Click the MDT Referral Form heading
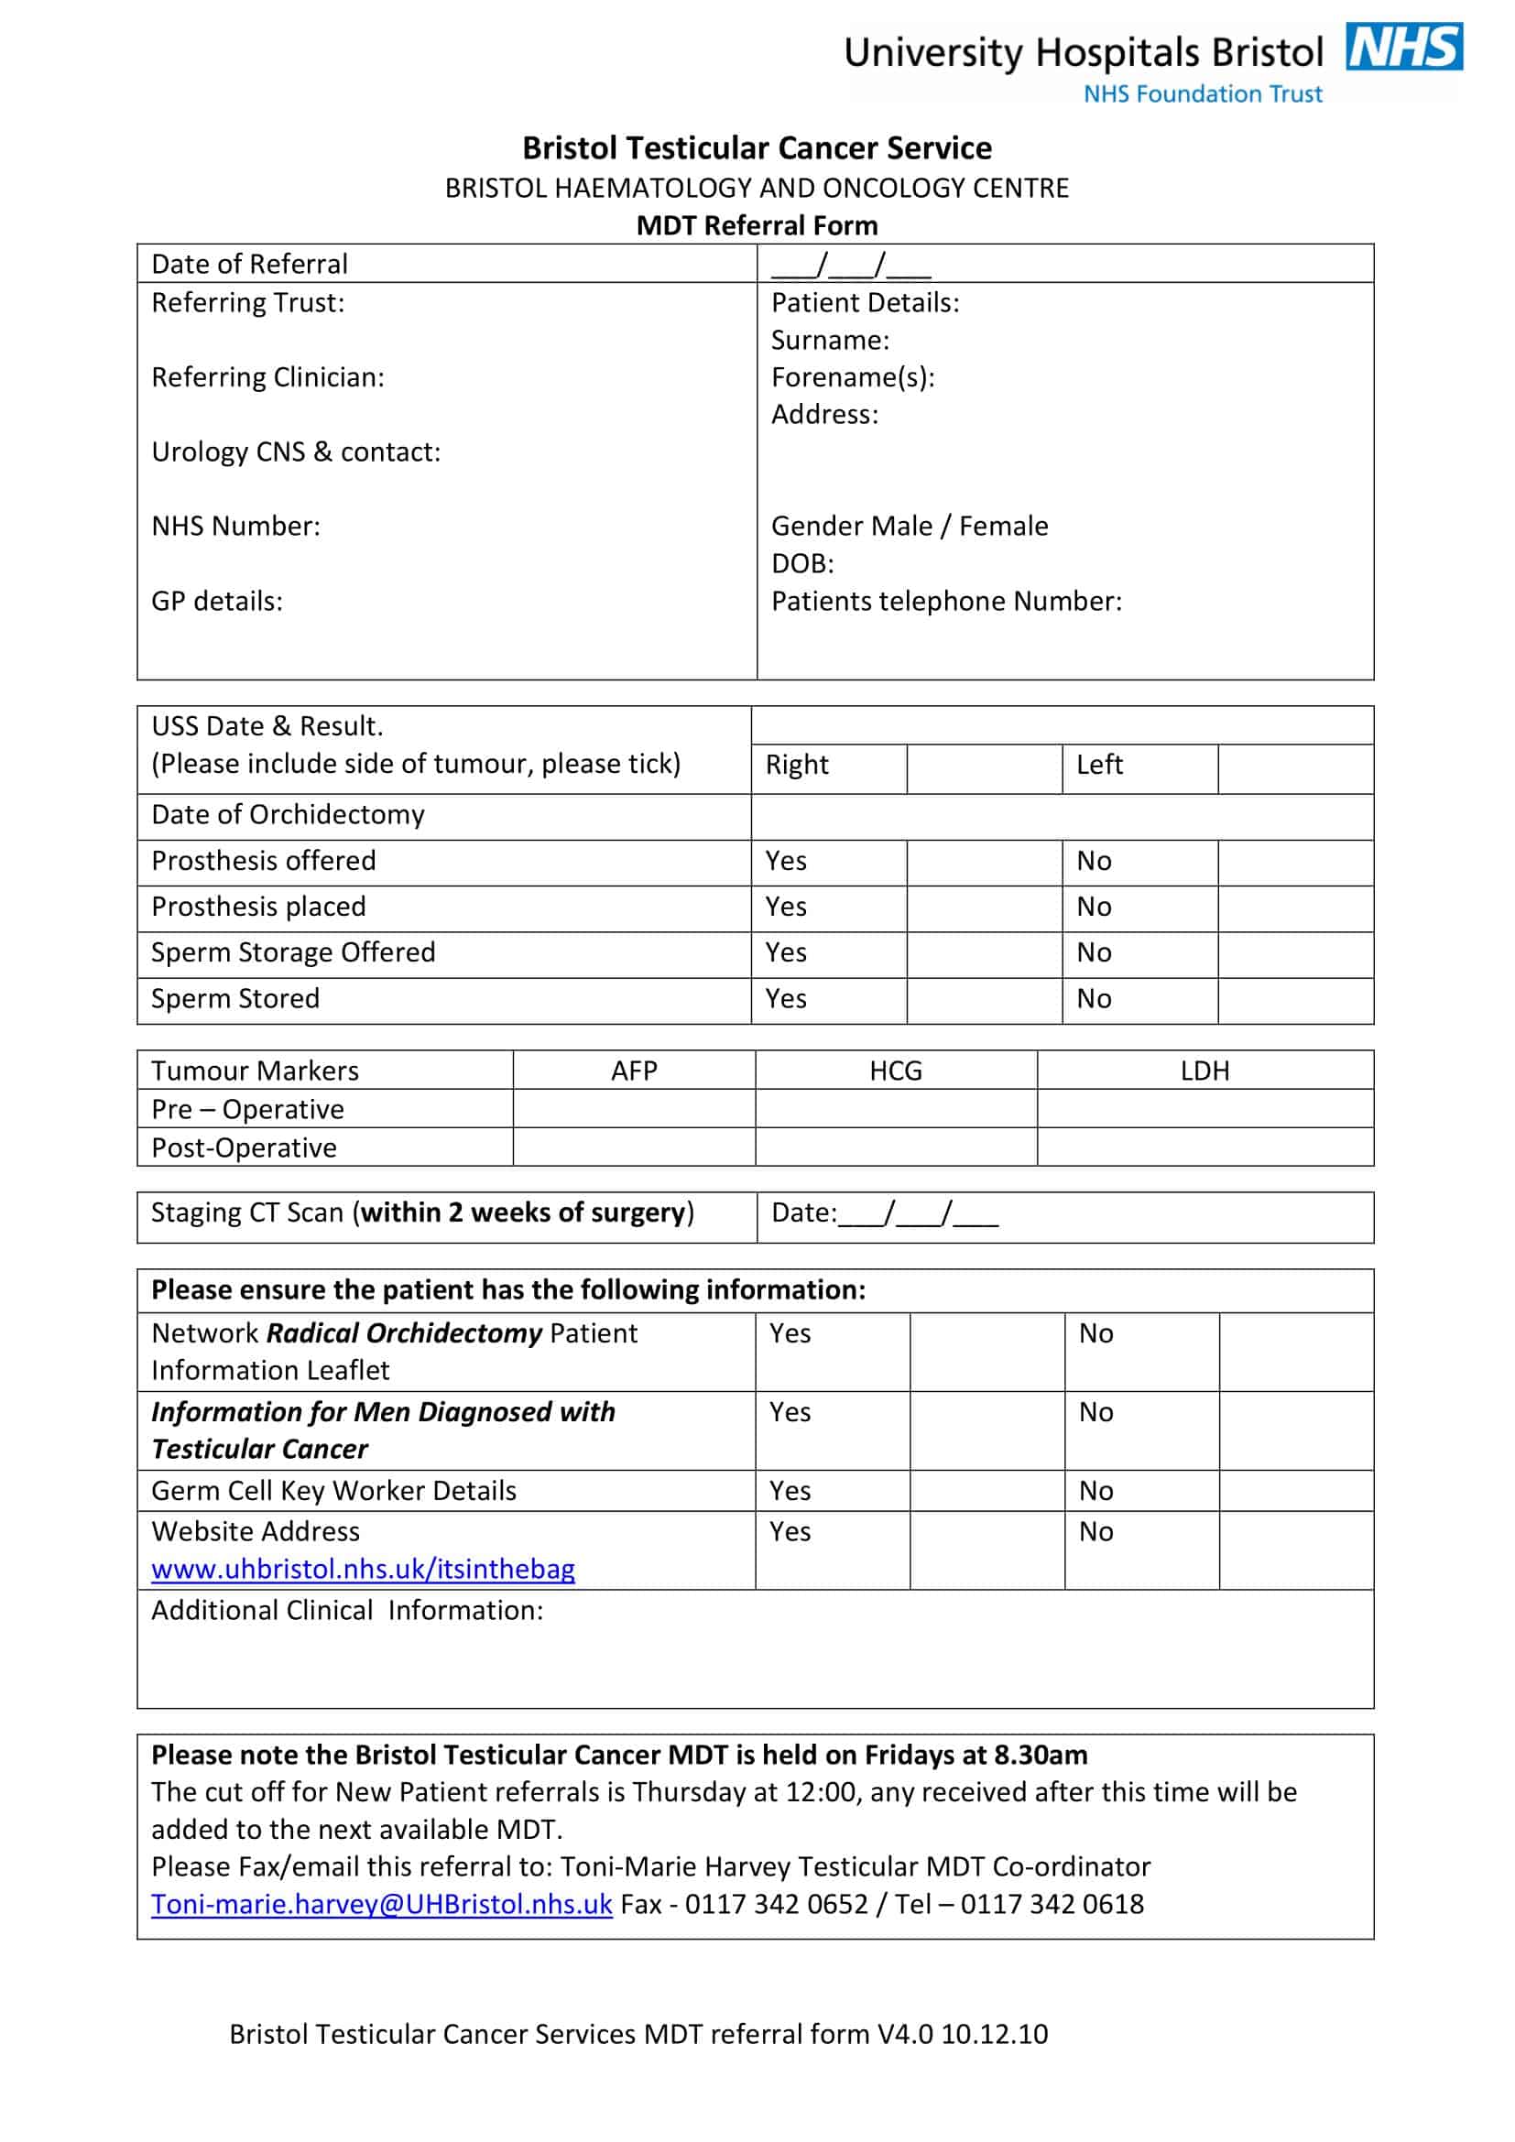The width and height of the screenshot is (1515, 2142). (757, 226)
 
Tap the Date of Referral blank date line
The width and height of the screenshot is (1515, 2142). (851, 266)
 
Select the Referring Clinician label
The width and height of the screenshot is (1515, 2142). (267, 377)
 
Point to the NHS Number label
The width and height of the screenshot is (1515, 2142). (236, 527)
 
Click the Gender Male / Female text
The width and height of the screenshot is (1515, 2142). (910, 527)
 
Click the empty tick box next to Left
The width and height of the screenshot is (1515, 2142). (1295, 768)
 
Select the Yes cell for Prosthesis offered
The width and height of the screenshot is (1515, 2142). (787, 861)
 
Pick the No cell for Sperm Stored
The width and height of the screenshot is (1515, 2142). (1095, 999)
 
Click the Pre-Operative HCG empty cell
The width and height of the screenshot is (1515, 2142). (896, 1109)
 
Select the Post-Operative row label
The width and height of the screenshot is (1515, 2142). (245, 1147)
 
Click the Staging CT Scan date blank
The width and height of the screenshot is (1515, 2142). (918, 1213)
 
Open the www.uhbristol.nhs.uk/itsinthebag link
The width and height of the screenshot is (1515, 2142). (363, 1570)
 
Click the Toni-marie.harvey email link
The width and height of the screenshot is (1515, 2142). (382, 1904)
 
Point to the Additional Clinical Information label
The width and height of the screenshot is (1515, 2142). (347, 1610)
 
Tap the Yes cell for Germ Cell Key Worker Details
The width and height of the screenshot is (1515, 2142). (790, 1491)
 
